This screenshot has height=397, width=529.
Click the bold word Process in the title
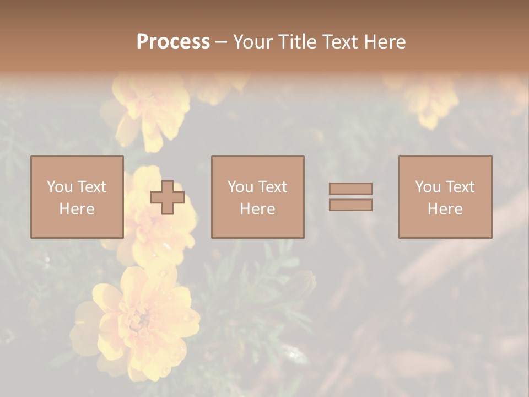click(x=173, y=42)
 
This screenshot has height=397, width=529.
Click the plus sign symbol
click(x=168, y=197)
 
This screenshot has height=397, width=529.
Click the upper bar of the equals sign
click(x=350, y=189)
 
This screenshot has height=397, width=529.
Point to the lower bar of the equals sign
click(x=350, y=205)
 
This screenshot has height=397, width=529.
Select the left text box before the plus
click(x=77, y=197)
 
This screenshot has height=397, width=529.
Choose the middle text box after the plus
click(x=257, y=197)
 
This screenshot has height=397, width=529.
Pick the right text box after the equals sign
click(x=445, y=197)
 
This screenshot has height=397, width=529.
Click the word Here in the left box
click(x=77, y=209)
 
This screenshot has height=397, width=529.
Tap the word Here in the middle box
click(x=257, y=209)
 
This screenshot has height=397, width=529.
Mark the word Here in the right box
click(x=445, y=209)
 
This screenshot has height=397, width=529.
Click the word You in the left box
click(x=60, y=186)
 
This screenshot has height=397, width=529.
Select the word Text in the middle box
click(x=272, y=186)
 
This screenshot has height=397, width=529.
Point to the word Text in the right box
click(x=460, y=186)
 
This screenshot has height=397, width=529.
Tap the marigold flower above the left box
click(x=146, y=110)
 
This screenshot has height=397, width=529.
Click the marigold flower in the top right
click(x=430, y=99)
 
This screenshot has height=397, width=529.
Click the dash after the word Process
click(x=222, y=42)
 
